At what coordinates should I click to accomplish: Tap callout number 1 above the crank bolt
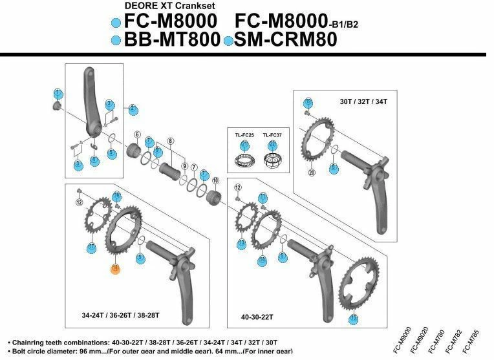tap(58, 92)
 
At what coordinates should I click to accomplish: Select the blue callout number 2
tap(133, 108)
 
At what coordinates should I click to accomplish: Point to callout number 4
tap(94, 160)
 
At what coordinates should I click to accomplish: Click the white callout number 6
tap(137, 134)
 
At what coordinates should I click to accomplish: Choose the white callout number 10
tap(216, 180)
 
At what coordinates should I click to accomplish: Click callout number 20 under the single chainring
tap(312, 172)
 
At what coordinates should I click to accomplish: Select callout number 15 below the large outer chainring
tap(354, 319)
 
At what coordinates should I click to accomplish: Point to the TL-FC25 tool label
tap(243, 134)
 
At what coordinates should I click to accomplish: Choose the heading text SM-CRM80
tap(286, 40)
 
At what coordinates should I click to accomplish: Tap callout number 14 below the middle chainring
tap(262, 260)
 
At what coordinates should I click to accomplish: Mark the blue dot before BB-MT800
tap(116, 41)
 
